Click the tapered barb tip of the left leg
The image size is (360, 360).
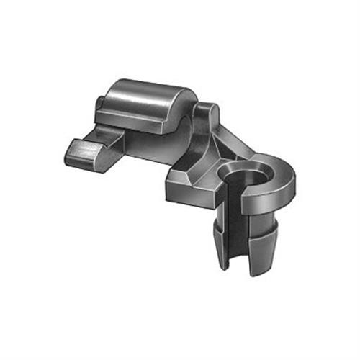(x=215, y=234)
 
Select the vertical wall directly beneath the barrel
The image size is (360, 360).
(x=155, y=144)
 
